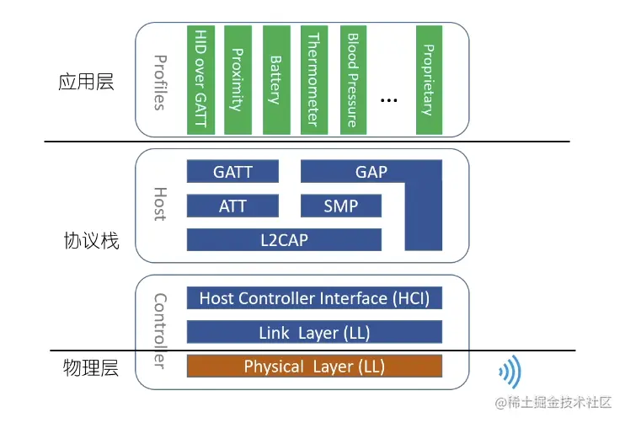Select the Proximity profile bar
pos(238,79)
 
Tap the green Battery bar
pos(275,79)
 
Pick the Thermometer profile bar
pos(313,79)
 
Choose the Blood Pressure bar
pos(352,79)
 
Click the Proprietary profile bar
pos(428,79)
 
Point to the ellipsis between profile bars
pos(388,100)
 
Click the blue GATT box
pos(232,172)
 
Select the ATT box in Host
pos(232,206)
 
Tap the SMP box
pos(340,206)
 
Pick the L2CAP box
pos(285,239)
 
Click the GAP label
pos(371,172)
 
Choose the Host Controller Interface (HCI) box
pos(314,298)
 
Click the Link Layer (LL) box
pos(314,332)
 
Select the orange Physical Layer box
pos(314,366)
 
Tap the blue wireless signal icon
pos(510,370)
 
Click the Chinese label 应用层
pos(86,82)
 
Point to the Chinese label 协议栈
pos(92,241)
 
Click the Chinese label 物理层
pos(91,368)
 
